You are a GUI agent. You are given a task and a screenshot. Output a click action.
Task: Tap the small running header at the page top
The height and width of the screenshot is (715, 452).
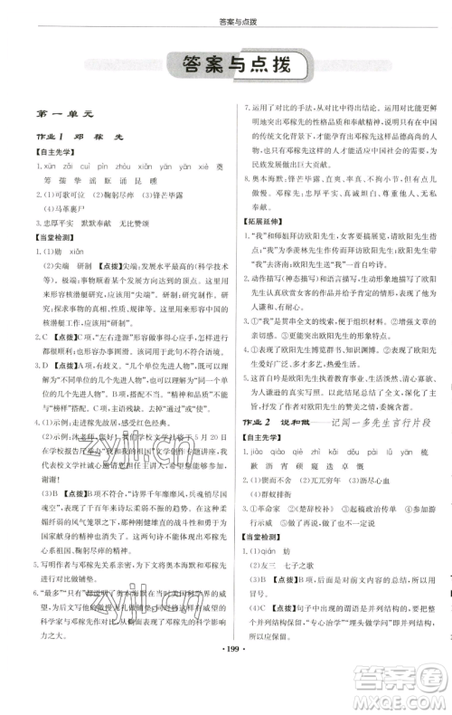pyautogui.click(x=226, y=20)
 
